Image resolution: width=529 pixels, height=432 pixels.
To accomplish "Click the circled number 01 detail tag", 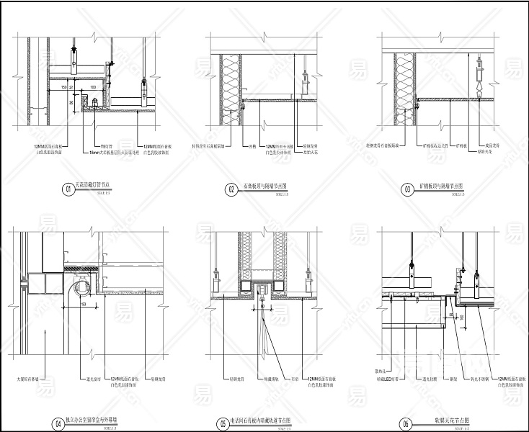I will click(x=66, y=189).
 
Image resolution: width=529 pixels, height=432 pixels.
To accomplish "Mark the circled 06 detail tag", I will click(x=407, y=423).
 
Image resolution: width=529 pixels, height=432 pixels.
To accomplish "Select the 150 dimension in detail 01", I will click(x=64, y=86).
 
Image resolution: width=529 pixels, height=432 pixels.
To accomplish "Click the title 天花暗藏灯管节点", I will click(x=93, y=185).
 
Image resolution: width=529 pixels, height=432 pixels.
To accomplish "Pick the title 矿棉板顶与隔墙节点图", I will click(x=442, y=186).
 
